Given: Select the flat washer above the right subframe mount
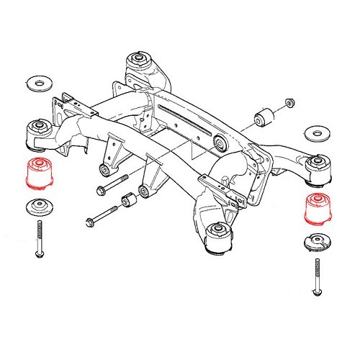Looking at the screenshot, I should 315,134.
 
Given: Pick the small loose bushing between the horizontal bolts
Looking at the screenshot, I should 130,200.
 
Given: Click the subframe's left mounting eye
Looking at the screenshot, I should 37,132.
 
